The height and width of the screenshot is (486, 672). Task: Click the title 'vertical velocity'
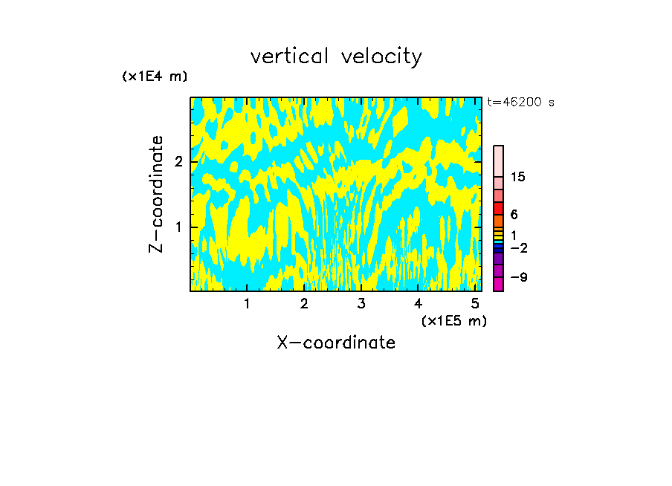click(336, 56)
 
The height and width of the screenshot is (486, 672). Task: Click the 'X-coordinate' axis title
click(336, 343)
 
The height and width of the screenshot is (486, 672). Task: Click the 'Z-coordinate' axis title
click(156, 194)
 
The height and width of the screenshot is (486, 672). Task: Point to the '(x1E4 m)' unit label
click(155, 77)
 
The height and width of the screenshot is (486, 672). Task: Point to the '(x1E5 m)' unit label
click(453, 320)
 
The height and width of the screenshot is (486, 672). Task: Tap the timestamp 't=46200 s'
click(520, 103)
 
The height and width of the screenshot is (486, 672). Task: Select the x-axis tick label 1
click(247, 304)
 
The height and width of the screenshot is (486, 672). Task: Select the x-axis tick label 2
click(304, 304)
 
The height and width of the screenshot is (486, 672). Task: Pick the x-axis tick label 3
click(361, 304)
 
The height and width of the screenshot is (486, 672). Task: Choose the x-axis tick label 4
click(418, 304)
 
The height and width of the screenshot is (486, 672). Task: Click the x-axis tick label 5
click(474, 304)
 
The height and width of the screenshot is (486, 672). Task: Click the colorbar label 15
click(518, 177)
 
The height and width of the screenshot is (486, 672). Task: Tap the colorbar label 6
click(514, 214)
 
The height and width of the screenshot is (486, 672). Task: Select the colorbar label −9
click(518, 277)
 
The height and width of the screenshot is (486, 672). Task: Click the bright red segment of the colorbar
click(499, 208)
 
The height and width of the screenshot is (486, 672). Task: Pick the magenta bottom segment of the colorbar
click(499, 284)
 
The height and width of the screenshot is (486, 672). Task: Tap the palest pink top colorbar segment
click(499, 161)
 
